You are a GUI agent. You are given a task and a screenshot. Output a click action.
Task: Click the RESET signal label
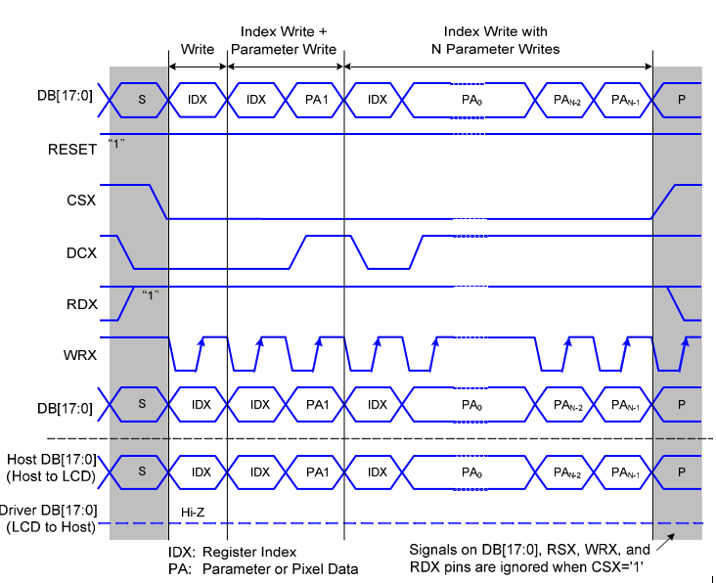click(72, 149)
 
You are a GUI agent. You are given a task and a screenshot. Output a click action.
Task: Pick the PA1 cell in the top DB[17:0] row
click(316, 100)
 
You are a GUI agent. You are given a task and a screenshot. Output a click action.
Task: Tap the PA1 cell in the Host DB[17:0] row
click(316, 471)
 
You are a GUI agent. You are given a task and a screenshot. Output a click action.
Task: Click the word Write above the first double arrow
click(198, 49)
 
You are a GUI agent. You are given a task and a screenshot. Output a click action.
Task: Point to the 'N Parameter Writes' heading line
click(497, 49)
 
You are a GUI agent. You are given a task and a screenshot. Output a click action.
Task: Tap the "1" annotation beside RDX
click(150, 293)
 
